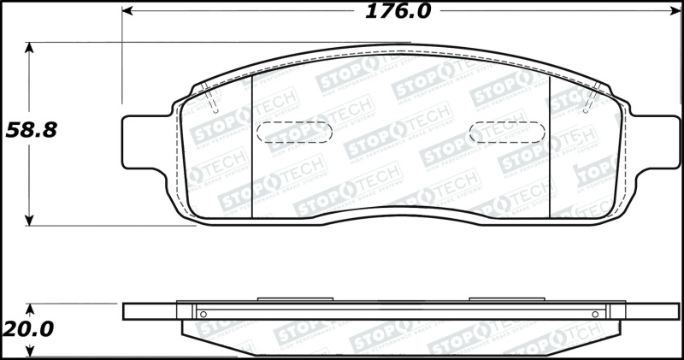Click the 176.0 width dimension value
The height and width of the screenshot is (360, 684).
tap(398, 12)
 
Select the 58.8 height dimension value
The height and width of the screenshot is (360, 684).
tap(32, 131)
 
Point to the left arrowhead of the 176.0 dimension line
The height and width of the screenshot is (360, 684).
tap(128, 12)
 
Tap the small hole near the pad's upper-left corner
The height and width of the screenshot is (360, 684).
tap(215, 110)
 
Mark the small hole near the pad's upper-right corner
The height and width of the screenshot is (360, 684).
tap(587, 110)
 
